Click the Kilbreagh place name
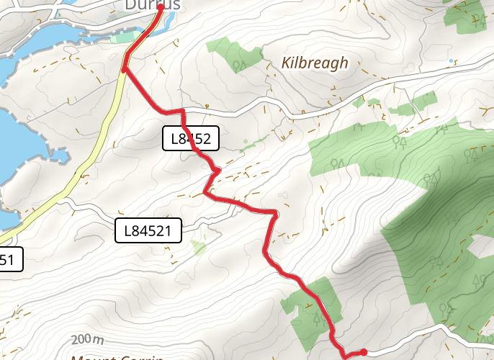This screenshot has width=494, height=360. click(315, 63)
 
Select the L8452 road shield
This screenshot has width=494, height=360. click(191, 139)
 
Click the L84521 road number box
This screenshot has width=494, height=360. click(148, 231)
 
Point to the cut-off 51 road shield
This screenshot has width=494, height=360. click(10, 259)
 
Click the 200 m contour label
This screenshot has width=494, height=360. click(88, 340)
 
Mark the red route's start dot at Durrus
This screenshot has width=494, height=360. click(160, 8)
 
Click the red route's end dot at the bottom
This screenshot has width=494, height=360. click(364, 352)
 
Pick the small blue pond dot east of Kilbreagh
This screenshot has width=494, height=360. click(452, 62)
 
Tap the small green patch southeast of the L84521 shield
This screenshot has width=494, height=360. click(198, 248)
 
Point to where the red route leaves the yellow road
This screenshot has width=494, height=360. click(125, 70)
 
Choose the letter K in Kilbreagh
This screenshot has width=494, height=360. click(287, 63)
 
